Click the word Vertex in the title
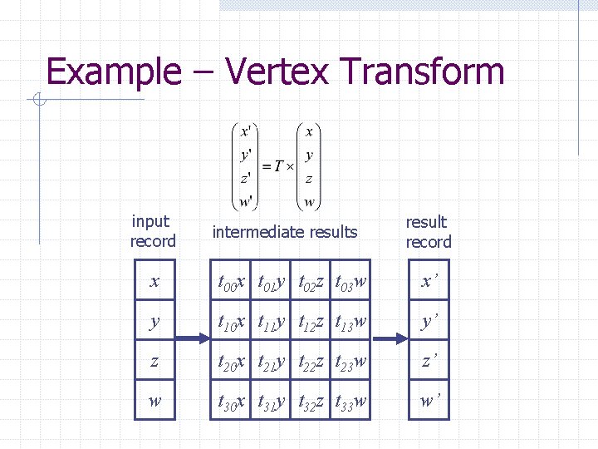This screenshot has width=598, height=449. pyautogui.click(x=282, y=72)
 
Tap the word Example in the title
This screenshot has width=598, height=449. pyautogui.click(x=113, y=73)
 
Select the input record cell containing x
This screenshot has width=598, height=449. pyautogui.click(x=154, y=283)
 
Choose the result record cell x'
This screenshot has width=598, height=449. pyautogui.click(x=428, y=283)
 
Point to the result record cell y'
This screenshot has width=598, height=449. pyautogui.click(x=428, y=322)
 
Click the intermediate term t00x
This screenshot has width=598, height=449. pyautogui.click(x=232, y=284)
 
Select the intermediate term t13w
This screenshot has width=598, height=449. pyautogui.click(x=351, y=323)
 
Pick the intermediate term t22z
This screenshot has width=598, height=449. pyautogui.click(x=312, y=363)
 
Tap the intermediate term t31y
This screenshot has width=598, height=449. pyautogui.click(x=272, y=402)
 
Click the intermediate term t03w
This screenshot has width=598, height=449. pyautogui.click(x=351, y=284)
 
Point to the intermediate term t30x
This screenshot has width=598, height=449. pyautogui.click(x=232, y=402)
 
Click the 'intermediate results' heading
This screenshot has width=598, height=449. pyautogui.click(x=285, y=232)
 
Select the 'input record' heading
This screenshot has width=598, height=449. pyautogui.click(x=152, y=231)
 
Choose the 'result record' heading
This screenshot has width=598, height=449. pyautogui.click(x=428, y=232)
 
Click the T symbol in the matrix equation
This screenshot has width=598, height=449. pyautogui.click(x=278, y=165)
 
